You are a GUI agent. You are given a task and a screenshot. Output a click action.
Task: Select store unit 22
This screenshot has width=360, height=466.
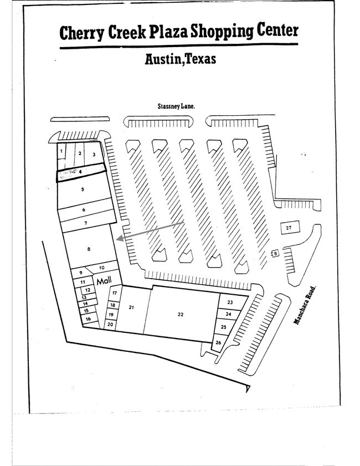(181, 314)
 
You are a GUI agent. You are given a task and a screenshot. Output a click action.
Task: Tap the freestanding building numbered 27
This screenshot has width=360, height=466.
(289, 228)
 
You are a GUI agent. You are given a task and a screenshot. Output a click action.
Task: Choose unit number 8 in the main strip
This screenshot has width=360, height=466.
(89, 249)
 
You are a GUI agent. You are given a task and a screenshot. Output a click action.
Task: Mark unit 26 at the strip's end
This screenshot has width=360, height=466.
(218, 342)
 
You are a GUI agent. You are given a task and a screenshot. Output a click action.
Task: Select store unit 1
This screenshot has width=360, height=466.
(61, 151)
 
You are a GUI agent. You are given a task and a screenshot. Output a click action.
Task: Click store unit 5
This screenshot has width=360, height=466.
(83, 190)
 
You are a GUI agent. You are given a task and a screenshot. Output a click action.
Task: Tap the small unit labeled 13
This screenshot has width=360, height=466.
(84, 297)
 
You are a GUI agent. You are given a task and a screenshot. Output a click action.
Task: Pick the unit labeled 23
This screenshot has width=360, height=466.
(229, 302)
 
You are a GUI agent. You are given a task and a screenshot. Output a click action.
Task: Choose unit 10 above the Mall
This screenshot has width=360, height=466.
(102, 268)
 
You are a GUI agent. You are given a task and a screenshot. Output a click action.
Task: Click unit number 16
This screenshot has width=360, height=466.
(88, 319)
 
